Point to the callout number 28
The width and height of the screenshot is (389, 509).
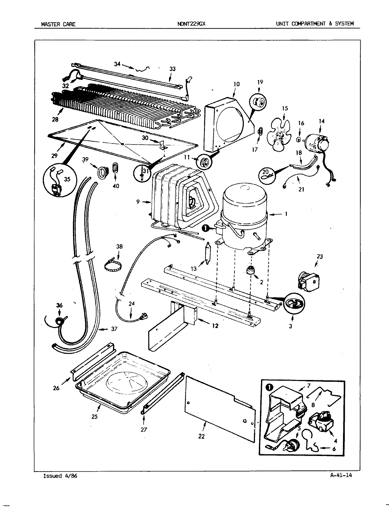pyautogui.click(x=55, y=119)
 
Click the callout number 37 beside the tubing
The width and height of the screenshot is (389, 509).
pyautogui.click(x=114, y=329)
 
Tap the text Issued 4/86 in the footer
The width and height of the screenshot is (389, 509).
pyautogui.click(x=60, y=475)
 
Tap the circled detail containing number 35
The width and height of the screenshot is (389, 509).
pyautogui.click(x=56, y=182)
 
